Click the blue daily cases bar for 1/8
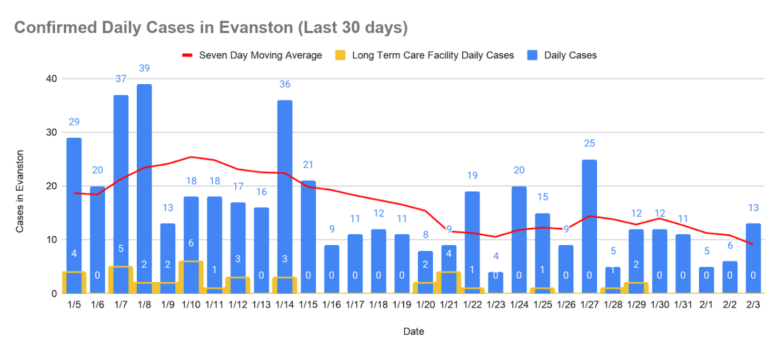click(x=144, y=184)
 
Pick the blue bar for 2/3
click(x=753, y=253)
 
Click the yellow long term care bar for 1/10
click(x=191, y=277)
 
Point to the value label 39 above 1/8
click(x=144, y=68)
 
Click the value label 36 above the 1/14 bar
click(x=285, y=84)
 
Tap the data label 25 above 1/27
click(x=590, y=143)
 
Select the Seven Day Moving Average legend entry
click(x=252, y=55)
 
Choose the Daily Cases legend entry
click(x=563, y=55)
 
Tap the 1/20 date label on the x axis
click(x=425, y=305)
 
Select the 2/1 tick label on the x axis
click(x=706, y=305)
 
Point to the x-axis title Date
click(x=413, y=332)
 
